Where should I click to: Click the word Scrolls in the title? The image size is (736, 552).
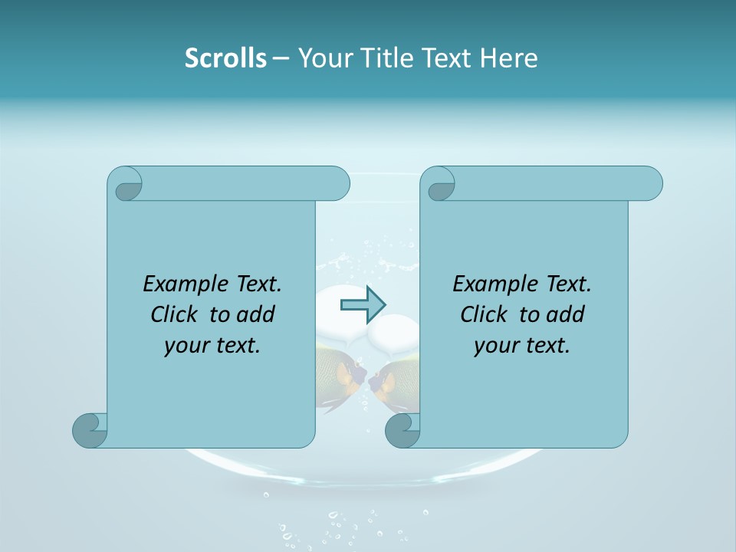pos(225,58)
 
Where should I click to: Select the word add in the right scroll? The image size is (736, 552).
pos(567,314)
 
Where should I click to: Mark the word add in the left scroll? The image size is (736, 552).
pos(257,314)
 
